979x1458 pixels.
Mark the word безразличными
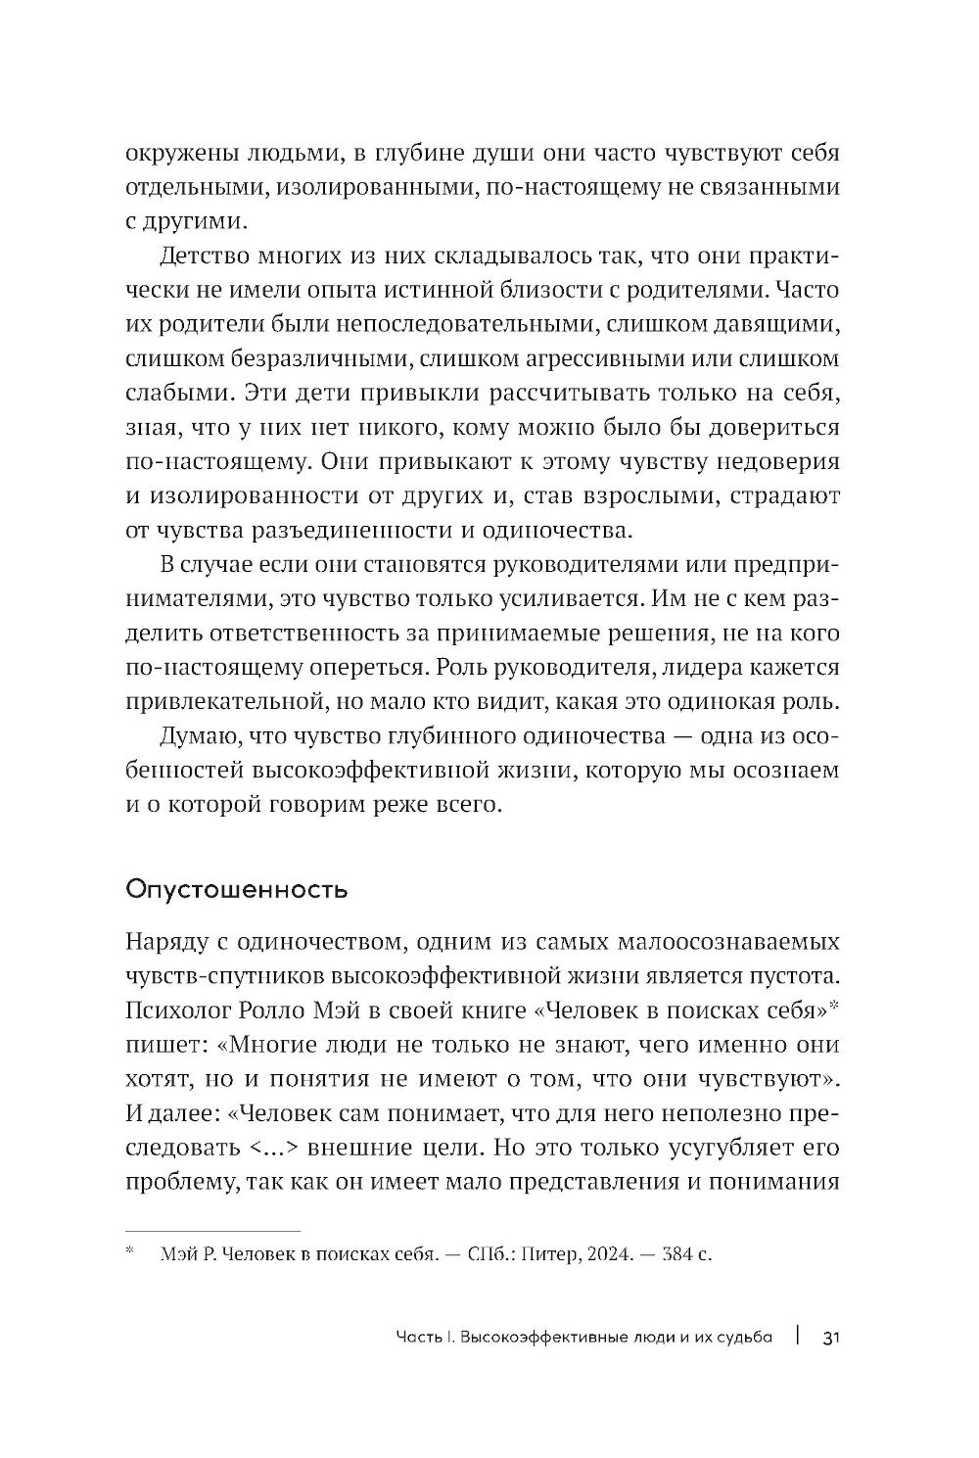pos(312,360)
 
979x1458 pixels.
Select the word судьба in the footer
pos(741,1337)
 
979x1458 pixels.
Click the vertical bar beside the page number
pos(799,1337)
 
